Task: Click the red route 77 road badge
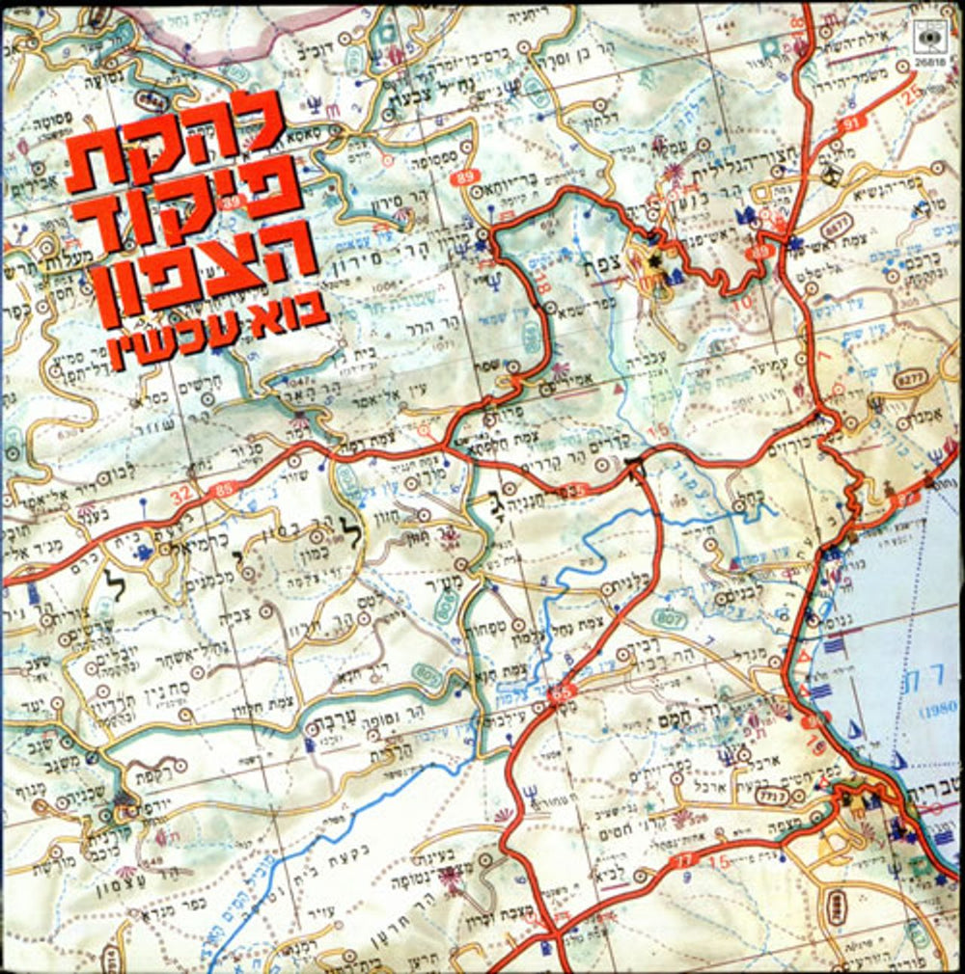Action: click(684, 858)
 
